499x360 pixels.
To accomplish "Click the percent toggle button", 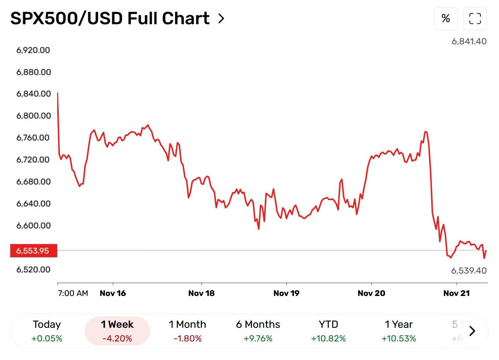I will (446, 18).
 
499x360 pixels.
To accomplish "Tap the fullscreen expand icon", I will (475, 18).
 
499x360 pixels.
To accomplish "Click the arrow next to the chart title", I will (221, 18).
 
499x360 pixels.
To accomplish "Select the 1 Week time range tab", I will (117, 331).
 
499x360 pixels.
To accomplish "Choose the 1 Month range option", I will (188, 331).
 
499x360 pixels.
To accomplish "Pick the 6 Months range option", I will (258, 331).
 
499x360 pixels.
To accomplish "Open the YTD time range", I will (328, 331).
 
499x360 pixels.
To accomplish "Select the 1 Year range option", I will (399, 331).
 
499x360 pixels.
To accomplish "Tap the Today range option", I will (47, 331).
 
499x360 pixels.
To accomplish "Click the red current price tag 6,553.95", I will (33, 250).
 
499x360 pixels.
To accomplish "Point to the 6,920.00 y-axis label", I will (33, 50).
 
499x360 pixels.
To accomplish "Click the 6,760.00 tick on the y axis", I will (33, 138).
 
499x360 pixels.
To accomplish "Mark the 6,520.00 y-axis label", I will (33, 269).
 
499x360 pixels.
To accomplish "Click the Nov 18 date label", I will (201, 293).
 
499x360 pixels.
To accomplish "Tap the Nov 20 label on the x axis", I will (371, 293).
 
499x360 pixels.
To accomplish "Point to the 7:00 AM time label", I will (73, 293).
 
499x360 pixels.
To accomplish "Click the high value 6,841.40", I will (469, 41).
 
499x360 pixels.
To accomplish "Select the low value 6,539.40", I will (469, 271).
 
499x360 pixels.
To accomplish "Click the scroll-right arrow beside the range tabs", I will (472, 331).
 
